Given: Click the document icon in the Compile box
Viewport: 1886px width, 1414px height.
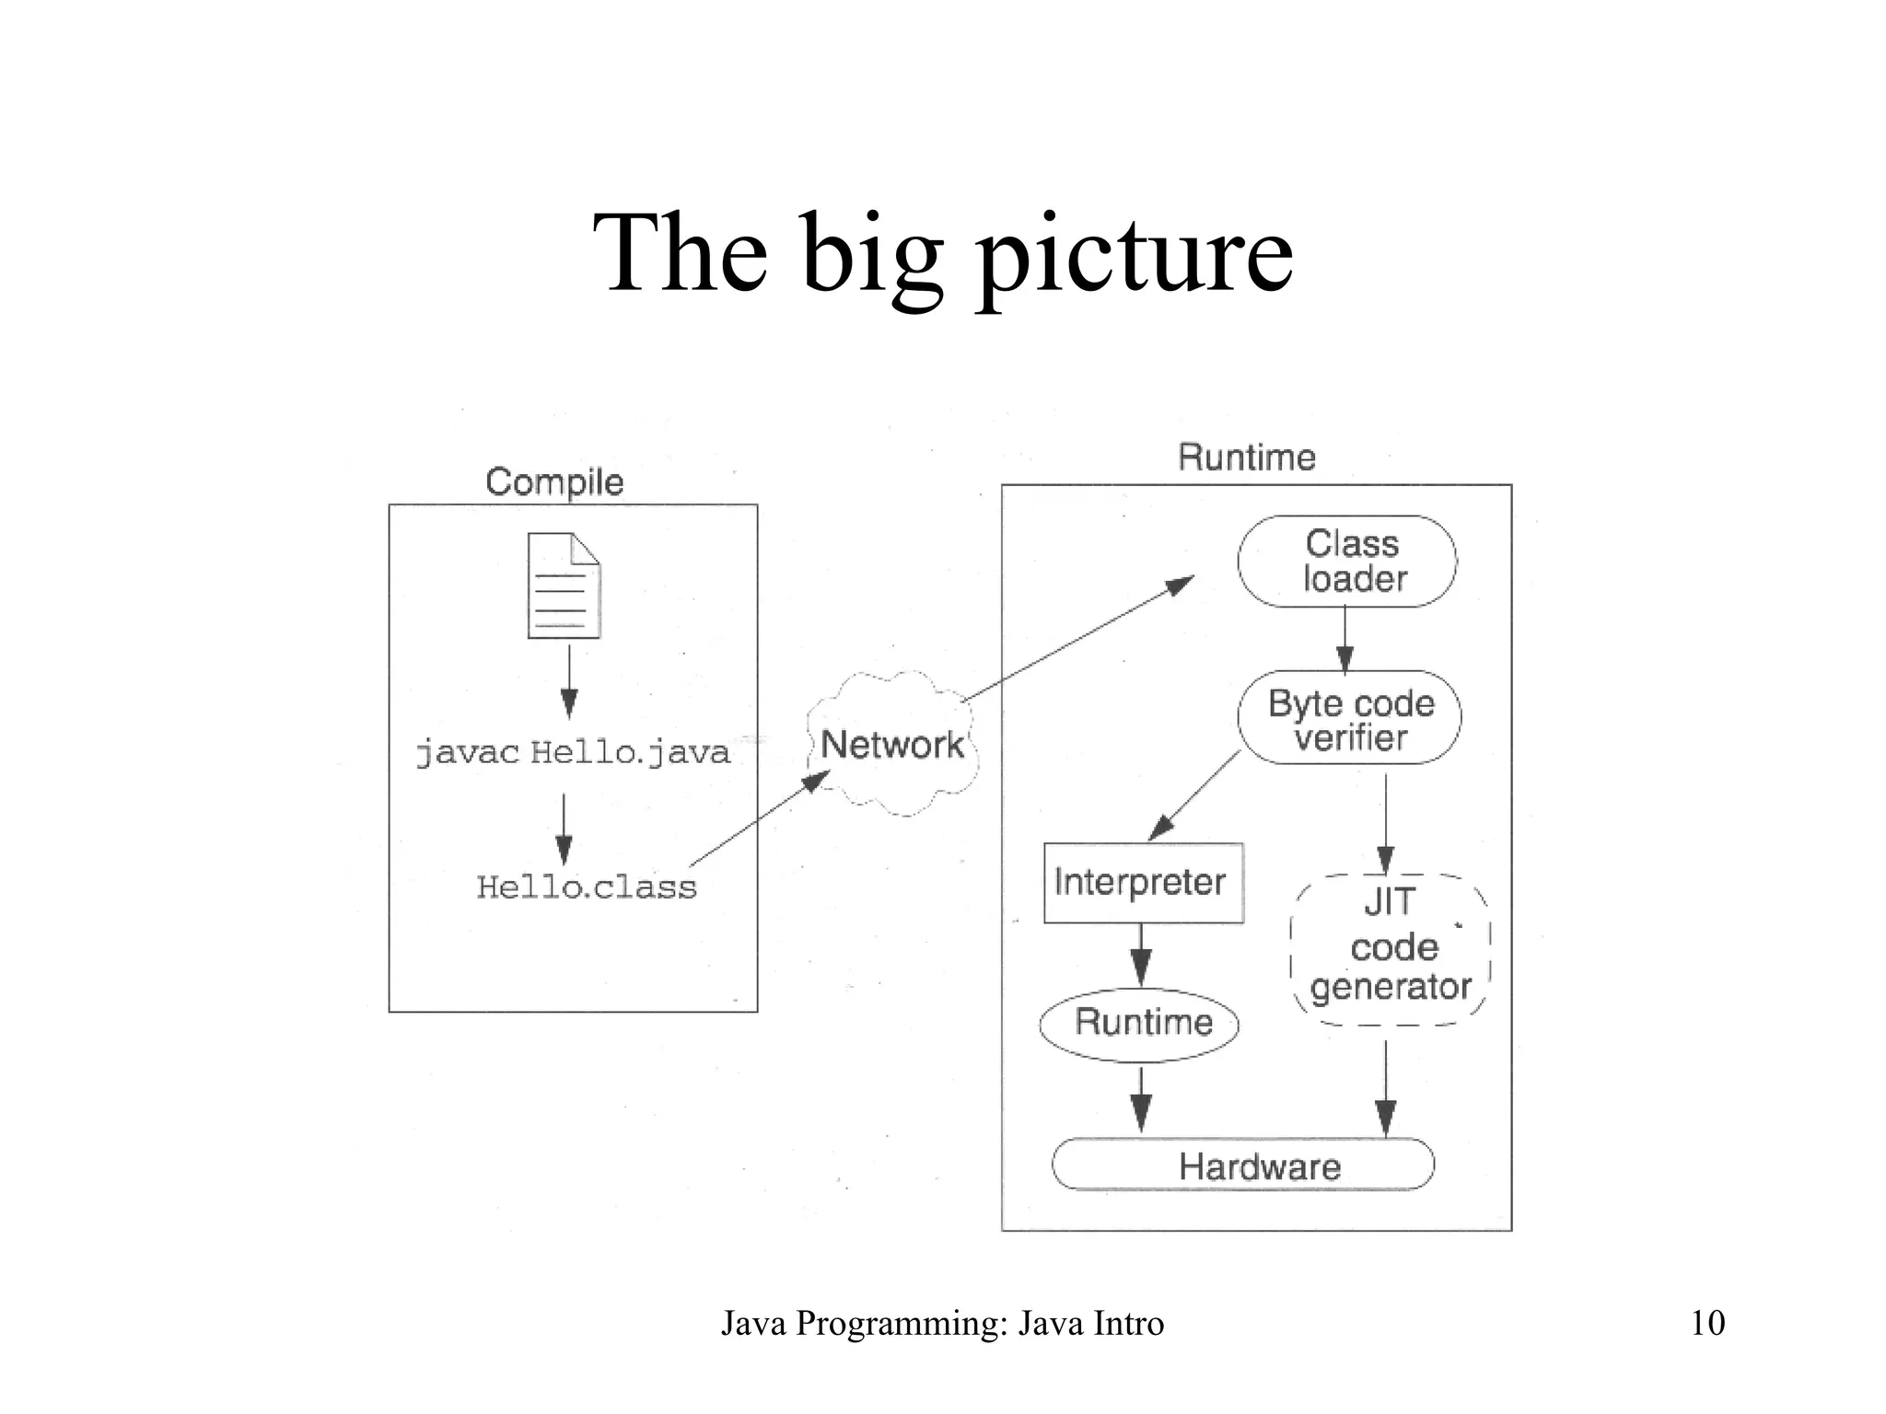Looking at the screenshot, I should tap(564, 585).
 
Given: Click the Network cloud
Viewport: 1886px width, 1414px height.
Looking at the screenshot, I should tap(891, 744).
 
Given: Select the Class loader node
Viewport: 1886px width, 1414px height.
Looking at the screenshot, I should tap(1347, 562).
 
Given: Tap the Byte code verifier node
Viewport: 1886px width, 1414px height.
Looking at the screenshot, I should tap(1350, 718).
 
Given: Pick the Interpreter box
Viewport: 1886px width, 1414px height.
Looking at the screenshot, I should tap(1143, 883).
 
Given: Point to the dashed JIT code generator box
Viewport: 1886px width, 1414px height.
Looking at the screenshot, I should tap(1391, 948).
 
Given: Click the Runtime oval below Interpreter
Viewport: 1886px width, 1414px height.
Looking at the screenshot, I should tap(1140, 1024).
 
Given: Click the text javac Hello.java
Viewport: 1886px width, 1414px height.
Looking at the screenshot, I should tap(572, 753).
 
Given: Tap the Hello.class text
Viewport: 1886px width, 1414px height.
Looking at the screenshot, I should tap(587, 887).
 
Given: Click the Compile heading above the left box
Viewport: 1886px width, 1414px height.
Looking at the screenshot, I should tap(554, 482).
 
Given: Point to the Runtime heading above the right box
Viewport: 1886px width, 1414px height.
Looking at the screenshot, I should tap(1247, 458).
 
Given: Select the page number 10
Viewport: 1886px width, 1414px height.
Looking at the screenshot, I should tap(1707, 1323).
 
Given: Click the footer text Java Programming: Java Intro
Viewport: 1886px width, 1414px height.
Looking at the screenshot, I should tap(942, 1324).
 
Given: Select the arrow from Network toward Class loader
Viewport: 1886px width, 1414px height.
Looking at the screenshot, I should tap(1077, 640).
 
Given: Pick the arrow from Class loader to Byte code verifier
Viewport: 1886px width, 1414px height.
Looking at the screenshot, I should tap(1345, 639).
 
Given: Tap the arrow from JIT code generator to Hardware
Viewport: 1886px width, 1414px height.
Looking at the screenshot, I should tap(1385, 1086).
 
